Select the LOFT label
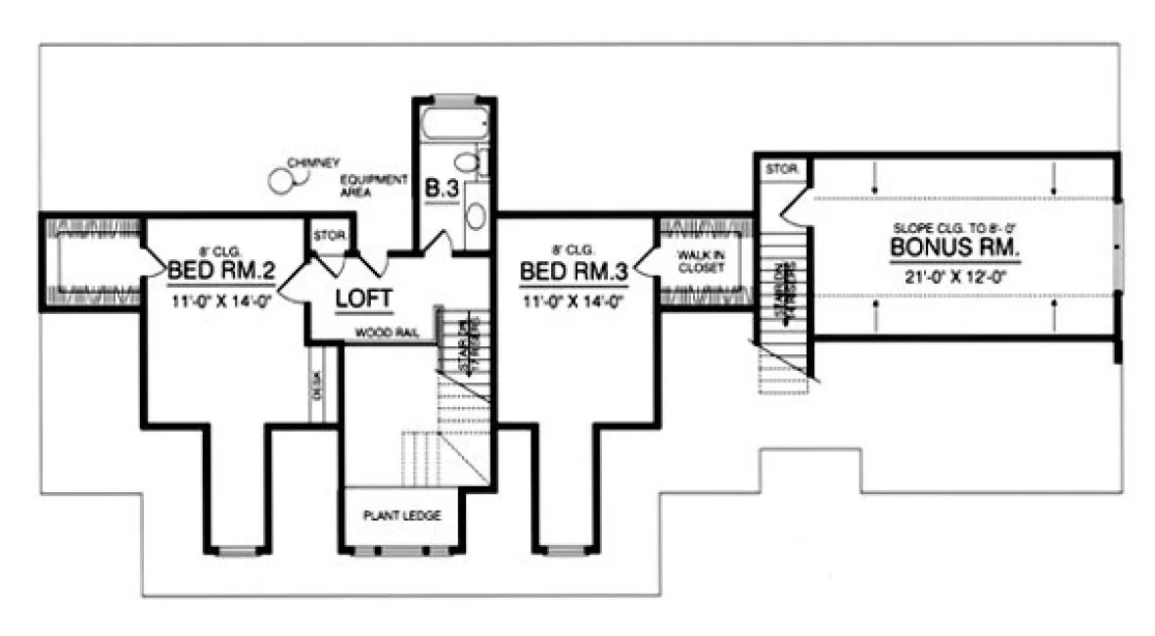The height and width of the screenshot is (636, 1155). click(364, 297)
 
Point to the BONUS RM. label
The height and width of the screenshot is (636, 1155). click(954, 248)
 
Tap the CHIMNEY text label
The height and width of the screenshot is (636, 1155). click(313, 161)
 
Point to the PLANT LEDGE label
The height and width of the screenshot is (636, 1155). click(401, 515)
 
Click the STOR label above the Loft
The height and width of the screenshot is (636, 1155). click(324, 236)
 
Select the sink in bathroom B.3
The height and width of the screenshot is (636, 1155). click(476, 213)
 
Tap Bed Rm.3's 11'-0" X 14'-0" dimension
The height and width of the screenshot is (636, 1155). click(574, 300)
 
